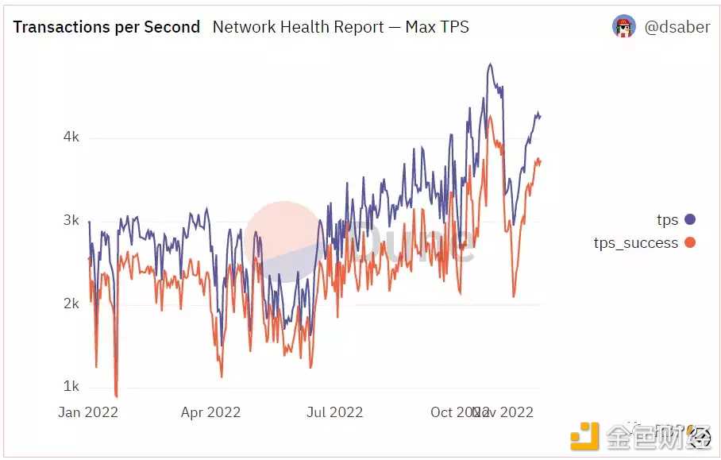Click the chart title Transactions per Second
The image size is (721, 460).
(106, 27)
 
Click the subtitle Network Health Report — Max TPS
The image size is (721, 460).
(341, 27)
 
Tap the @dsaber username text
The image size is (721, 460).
(677, 27)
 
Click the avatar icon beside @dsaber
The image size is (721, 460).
(624, 26)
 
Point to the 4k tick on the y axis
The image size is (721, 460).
(71, 137)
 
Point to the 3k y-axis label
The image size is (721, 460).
(71, 220)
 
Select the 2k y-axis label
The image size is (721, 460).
(71, 303)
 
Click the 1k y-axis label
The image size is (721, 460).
(71, 387)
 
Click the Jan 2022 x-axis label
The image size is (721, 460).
(88, 412)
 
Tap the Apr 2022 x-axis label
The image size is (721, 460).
(210, 412)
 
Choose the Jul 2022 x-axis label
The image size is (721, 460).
(334, 412)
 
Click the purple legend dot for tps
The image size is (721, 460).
(689, 219)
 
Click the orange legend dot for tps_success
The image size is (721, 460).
(689, 242)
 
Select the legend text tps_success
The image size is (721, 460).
(635, 243)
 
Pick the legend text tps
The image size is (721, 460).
(667, 220)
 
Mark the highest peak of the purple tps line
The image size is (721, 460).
(491, 64)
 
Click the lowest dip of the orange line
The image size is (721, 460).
(116, 396)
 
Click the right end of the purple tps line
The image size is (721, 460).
(540, 116)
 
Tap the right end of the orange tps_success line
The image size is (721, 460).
(540, 160)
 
